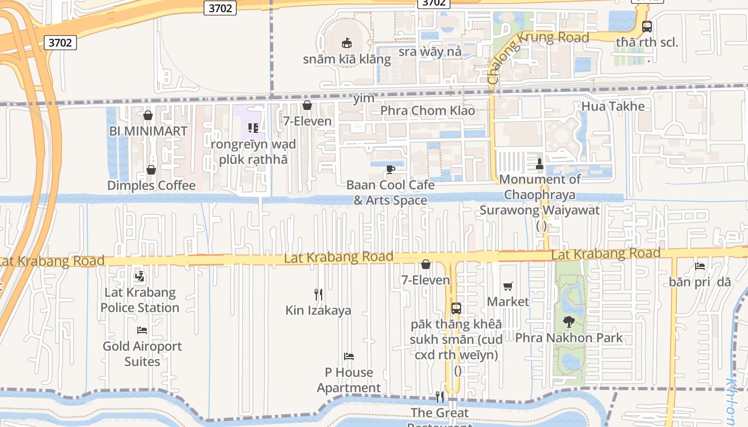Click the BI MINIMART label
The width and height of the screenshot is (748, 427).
tap(148, 131)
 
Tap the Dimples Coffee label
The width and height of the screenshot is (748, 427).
tap(151, 186)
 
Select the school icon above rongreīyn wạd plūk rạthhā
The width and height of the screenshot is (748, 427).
tap(253, 128)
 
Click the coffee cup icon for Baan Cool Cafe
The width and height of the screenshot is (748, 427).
tap(391, 169)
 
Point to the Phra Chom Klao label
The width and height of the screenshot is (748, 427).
tap(427, 111)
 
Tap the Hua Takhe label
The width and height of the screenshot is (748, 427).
tap(613, 106)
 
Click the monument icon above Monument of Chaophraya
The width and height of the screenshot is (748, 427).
tap(540, 163)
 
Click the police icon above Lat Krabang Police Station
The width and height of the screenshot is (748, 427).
tap(140, 276)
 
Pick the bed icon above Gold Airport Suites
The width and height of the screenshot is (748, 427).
tap(142, 330)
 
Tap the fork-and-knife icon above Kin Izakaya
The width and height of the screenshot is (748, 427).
tap(318, 294)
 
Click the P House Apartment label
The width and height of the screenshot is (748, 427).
tap(349, 380)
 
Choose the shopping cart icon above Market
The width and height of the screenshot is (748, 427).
tap(508, 287)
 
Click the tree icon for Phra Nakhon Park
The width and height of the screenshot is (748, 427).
tap(568, 322)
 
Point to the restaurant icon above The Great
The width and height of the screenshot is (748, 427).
tap(440, 397)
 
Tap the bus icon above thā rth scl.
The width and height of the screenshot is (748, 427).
tap(647, 26)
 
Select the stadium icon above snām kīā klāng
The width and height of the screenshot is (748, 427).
tap(347, 43)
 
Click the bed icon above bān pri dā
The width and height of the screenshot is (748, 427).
tap(700, 266)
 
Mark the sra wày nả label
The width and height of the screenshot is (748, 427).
tap(430, 52)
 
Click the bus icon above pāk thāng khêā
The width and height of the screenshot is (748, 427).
tap(456, 309)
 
